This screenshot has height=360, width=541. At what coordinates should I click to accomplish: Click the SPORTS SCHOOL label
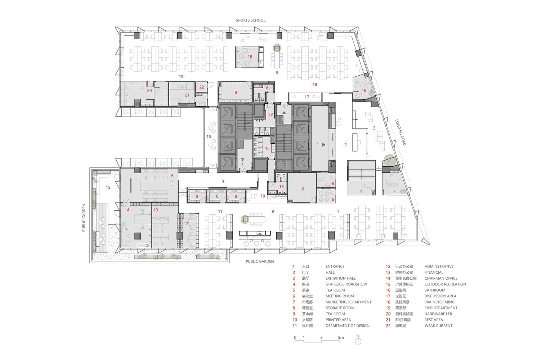click(x=250, y=20)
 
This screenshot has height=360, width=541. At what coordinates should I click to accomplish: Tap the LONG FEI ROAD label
click(x=401, y=132)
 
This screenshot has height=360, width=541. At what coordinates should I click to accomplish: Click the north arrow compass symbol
click(x=358, y=339)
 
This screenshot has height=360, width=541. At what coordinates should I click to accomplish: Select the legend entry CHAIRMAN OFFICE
click(x=441, y=278)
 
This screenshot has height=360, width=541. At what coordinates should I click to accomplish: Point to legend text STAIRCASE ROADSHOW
click(x=346, y=284)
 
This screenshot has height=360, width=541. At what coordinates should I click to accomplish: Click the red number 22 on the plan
click(x=202, y=87)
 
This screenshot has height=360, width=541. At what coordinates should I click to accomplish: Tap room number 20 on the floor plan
click(x=149, y=91)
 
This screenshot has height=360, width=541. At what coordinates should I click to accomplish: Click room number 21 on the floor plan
click(x=187, y=95)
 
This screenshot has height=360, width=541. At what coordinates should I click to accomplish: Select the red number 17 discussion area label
click(x=307, y=97)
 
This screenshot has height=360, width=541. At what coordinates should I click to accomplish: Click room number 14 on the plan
click(x=127, y=210)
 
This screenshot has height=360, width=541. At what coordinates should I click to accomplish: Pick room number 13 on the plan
click(x=156, y=210)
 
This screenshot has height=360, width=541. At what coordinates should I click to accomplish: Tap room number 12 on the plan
click(x=186, y=224)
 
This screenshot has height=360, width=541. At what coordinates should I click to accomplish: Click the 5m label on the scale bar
click(x=341, y=337)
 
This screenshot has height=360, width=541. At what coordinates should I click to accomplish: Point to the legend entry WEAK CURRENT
click(x=438, y=326)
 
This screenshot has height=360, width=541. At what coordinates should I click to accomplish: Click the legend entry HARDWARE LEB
click(x=438, y=314)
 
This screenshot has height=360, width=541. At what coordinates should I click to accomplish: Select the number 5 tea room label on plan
click(x=394, y=192)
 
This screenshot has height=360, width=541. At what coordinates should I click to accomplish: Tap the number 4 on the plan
click(x=361, y=192)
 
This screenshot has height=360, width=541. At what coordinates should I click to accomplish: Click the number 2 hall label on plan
click(x=346, y=145)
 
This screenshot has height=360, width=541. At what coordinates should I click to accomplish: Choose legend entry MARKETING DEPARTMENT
click(x=349, y=302)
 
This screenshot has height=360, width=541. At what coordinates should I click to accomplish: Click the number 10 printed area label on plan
click(x=263, y=196)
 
